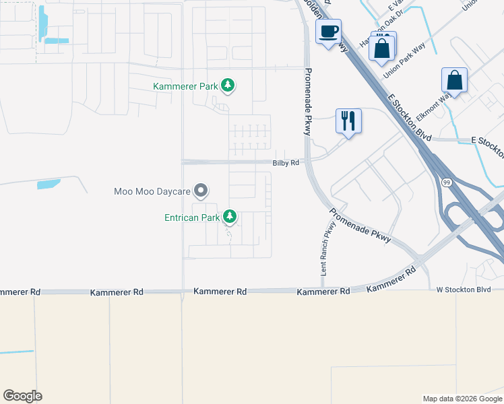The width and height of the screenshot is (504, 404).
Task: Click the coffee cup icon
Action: (x=328, y=32)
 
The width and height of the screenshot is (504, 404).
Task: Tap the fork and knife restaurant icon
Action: (x=348, y=121)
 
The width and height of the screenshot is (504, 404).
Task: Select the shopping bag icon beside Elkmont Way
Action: (x=455, y=80)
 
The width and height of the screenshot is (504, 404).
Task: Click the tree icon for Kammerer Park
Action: (x=228, y=86)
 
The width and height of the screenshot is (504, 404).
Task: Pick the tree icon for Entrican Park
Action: (x=230, y=217)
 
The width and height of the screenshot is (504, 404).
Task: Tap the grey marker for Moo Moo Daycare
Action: (x=200, y=191)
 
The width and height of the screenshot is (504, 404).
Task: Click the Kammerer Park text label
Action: (x=185, y=86)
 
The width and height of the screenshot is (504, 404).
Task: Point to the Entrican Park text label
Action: (x=192, y=217)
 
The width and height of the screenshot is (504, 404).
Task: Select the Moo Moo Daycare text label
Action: (x=152, y=191)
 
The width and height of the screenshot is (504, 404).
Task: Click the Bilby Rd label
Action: (x=285, y=163)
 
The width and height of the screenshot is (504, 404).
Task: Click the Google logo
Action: (x=22, y=396)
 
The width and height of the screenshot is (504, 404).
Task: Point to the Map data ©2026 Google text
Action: (x=462, y=399)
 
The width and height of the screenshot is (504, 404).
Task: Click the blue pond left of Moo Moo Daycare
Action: (x=49, y=184)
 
